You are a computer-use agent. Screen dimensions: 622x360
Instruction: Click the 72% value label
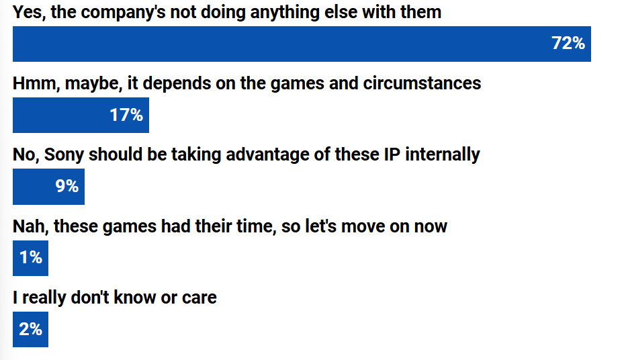(x=568, y=43)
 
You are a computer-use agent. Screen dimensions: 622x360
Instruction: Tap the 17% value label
(x=126, y=115)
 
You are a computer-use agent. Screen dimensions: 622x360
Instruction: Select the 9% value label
(x=66, y=186)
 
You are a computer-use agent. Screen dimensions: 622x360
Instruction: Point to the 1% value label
(x=31, y=258)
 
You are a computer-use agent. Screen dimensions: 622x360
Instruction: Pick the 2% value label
(x=30, y=329)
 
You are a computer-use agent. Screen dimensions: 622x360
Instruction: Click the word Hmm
(x=36, y=84)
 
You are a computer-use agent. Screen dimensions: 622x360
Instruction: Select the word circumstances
(x=422, y=84)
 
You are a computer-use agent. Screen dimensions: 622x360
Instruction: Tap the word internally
(x=442, y=155)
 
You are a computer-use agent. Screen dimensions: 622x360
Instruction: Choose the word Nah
(x=30, y=226)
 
